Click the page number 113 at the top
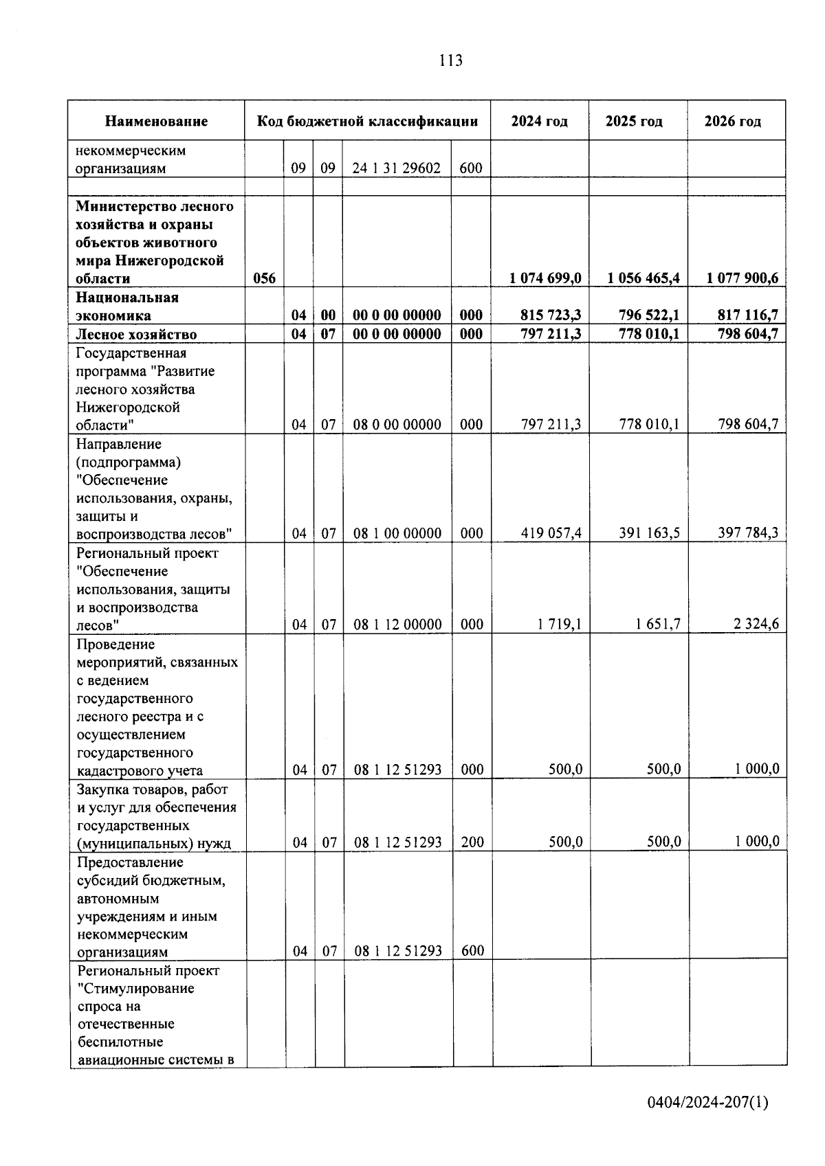(450, 60)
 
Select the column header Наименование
(156, 122)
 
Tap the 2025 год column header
(634, 122)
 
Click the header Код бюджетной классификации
(367, 122)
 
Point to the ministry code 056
(264, 278)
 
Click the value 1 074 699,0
(545, 278)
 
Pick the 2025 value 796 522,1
(643, 315)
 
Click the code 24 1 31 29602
(397, 168)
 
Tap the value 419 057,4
(551, 533)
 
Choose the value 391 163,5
(650, 533)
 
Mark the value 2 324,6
(755, 625)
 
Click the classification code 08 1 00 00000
(397, 533)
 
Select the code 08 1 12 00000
(397, 625)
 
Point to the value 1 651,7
(658, 625)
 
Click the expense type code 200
(472, 842)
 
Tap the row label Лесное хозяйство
(136, 335)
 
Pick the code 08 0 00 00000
(397, 425)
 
